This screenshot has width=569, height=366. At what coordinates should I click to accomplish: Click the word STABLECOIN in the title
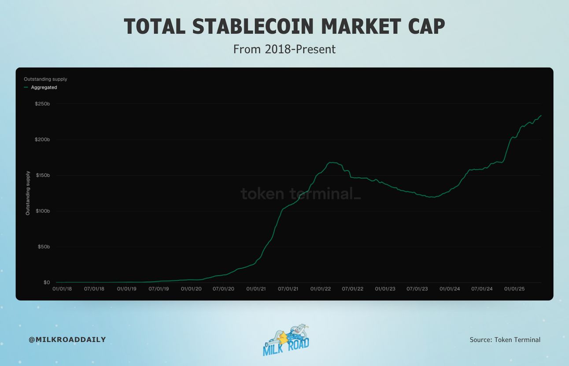click(x=253, y=26)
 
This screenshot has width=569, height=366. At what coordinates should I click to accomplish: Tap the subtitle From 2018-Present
click(x=284, y=49)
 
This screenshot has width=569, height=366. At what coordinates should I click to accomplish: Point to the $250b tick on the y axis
click(x=42, y=104)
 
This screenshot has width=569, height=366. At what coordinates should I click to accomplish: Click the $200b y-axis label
click(x=42, y=140)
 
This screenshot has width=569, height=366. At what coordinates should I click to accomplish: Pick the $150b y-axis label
click(x=43, y=175)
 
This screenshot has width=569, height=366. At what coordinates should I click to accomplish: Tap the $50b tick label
click(x=44, y=247)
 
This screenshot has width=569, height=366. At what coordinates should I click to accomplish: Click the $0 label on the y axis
click(x=47, y=282)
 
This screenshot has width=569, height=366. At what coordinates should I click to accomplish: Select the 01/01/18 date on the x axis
click(x=62, y=289)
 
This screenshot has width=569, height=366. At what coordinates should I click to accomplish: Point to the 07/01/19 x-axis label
click(x=159, y=289)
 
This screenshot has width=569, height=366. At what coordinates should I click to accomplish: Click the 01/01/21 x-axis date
click(x=256, y=289)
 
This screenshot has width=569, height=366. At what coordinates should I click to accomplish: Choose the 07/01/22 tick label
click(x=353, y=289)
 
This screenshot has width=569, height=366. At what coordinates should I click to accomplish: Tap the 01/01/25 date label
click(x=514, y=289)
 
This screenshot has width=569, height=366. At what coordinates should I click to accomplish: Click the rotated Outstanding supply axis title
click(x=28, y=193)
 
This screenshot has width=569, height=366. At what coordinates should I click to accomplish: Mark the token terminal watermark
click(x=301, y=193)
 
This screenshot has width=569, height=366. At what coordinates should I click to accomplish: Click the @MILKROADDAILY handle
click(x=67, y=340)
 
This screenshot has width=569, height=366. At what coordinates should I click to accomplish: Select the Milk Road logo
click(x=286, y=340)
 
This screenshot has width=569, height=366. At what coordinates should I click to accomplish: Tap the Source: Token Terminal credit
click(x=505, y=340)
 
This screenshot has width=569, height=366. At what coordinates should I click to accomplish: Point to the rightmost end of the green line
click(x=541, y=115)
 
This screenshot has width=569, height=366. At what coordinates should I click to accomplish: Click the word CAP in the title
click(x=427, y=26)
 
